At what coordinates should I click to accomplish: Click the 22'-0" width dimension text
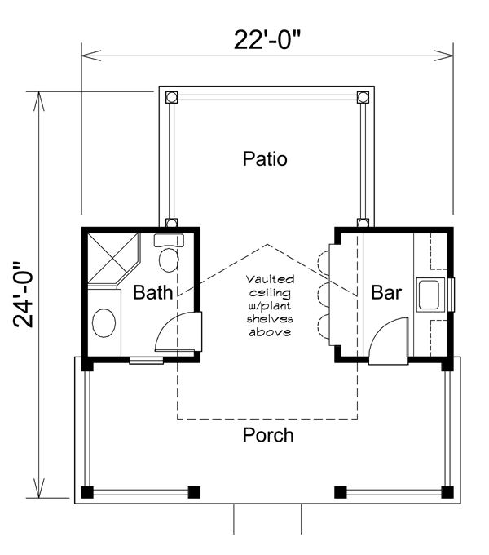pyautogui.click(x=267, y=40)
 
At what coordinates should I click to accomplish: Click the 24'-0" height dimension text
pyautogui.click(x=24, y=295)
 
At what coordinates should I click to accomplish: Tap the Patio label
pyautogui.click(x=265, y=159)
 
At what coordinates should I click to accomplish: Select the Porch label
pyautogui.click(x=268, y=435)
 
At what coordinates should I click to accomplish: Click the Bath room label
pyautogui.click(x=152, y=292)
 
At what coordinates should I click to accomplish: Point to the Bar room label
pyautogui.click(x=386, y=292)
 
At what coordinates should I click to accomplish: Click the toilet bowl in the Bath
pyautogui.click(x=169, y=260)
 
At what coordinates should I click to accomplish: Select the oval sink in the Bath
pyautogui.click(x=104, y=323)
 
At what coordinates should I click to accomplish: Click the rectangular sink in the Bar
pyautogui.click(x=430, y=295)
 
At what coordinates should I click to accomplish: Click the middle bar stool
pyautogui.click(x=324, y=293)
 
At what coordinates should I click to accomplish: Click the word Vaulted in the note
pyautogui.click(x=270, y=280)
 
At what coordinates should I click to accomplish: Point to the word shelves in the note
pyautogui.click(x=270, y=319)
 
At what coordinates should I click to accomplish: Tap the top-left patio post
pyautogui.click(x=172, y=97)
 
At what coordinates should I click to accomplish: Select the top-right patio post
pyautogui.click(x=363, y=97)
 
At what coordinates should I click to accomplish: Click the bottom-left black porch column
pyautogui.click(x=87, y=492)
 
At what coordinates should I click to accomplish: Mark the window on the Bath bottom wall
pyautogui.click(x=146, y=361)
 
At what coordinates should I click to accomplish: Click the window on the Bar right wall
pyautogui.click(x=452, y=295)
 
